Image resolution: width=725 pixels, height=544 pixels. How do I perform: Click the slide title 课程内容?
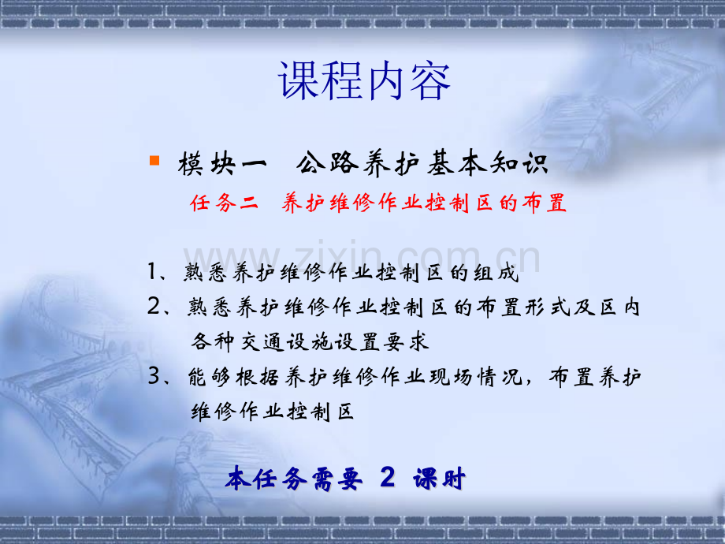pos(364,81)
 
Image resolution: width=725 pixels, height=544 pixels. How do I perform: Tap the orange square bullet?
pos(154,161)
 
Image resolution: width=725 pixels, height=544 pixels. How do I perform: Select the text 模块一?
pos(222,164)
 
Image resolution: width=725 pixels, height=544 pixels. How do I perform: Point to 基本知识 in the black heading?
pos(488,163)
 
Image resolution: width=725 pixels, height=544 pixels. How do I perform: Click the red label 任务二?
pos(224,203)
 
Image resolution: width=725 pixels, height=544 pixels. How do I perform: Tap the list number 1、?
pos(158,271)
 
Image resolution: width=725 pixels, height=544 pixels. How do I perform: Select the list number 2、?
pos(159,306)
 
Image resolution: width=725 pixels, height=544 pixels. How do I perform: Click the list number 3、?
pos(159,376)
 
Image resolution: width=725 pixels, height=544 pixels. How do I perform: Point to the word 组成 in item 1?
pos(496,273)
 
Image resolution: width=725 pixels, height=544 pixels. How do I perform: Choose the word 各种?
pos(213,342)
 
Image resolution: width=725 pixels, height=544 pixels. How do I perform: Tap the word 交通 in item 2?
pos(262,342)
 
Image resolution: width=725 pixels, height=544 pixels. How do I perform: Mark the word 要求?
pos(407,342)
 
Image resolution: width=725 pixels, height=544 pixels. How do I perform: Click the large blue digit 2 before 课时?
pos(388,477)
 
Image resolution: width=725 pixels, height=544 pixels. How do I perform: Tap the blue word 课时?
pos(440,479)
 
